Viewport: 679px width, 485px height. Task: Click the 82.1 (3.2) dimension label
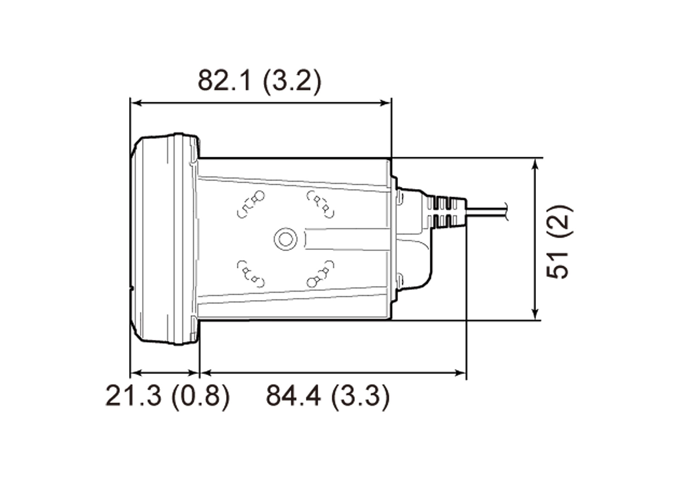pos(259,81)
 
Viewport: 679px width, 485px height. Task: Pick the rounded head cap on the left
pos(163,239)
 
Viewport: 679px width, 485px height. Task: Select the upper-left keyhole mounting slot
pos(251,203)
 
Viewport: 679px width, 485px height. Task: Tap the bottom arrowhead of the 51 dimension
pos(536,315)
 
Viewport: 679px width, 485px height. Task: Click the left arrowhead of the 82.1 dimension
pos(134,103)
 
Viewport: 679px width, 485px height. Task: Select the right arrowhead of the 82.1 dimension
pos(387,103)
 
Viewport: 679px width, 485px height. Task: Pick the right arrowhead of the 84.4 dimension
pos(462,373)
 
